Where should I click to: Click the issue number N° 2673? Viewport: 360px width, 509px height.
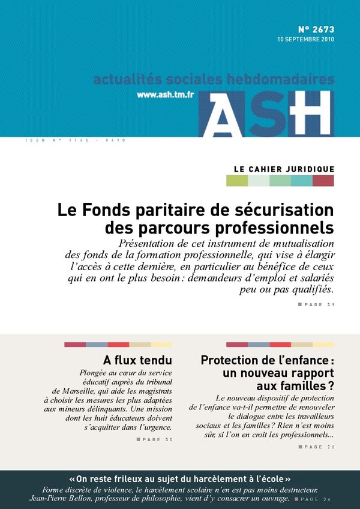316,29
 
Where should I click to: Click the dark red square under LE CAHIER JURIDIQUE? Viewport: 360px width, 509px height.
323,181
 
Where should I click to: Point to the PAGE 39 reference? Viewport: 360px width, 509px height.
316,305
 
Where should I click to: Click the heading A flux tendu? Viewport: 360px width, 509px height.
137,361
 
